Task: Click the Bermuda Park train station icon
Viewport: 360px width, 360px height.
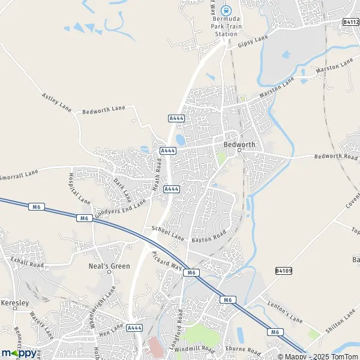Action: [226, 10]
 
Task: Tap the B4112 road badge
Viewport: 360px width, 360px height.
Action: [351, 22]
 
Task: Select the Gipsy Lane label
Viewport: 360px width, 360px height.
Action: [252, 41]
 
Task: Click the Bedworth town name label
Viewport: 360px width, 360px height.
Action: [239, 145]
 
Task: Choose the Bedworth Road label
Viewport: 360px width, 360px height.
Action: [337, 157]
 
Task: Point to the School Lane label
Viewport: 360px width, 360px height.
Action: [167, 232]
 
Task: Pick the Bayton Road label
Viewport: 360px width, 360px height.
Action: [209, 236]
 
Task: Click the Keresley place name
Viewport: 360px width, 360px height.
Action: [15, 303]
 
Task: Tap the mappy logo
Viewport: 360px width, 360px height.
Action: [19, 352]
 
